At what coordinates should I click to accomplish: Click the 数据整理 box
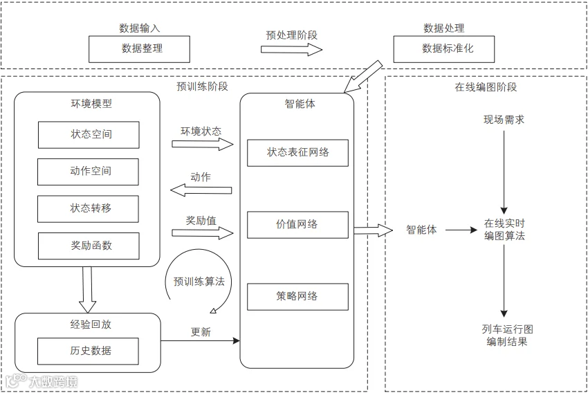(139, 49)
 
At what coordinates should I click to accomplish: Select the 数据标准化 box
(444, 49)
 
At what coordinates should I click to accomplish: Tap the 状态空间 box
(89, 135)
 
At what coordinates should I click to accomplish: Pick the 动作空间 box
(88, 172)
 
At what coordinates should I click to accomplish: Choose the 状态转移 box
(88, 209)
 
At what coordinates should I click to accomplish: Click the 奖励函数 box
(89, 246)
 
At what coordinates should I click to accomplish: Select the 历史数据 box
(88, 351)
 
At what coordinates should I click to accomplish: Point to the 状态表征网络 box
(297, 153)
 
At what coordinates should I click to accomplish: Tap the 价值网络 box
(297, 225)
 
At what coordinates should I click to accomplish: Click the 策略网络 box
(297, 297)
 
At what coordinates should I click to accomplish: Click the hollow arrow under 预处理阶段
(292, 50)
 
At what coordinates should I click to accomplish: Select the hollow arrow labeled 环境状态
(203, 144)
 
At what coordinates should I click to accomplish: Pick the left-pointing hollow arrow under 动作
(201, 190)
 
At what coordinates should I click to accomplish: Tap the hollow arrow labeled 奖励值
(203, 233)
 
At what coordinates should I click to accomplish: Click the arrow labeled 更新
(200, 340)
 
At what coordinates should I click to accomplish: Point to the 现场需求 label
(504, 120)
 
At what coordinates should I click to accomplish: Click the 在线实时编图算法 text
(504, 230)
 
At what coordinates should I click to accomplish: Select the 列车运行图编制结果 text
(507, 336)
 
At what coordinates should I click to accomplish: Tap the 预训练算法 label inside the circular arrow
(199, 281)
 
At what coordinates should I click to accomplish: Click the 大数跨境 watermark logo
(42, 381)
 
